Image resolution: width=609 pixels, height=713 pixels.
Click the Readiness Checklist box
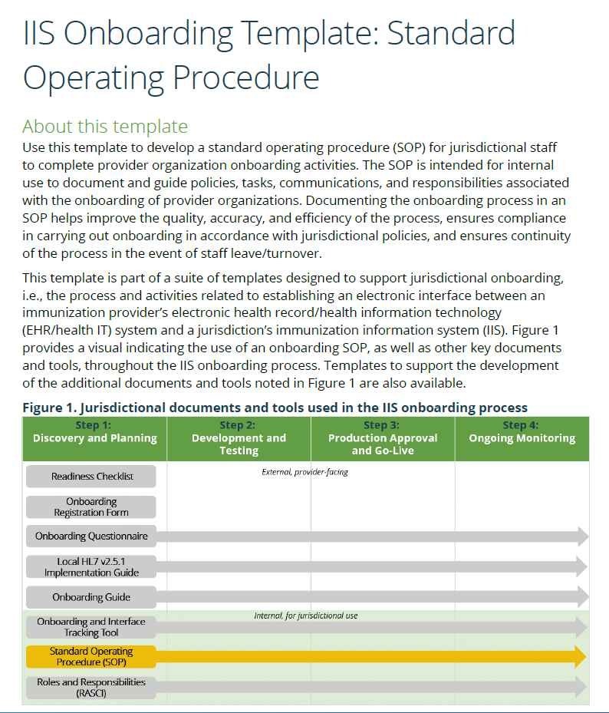pyautogui.click(x=91, y=476)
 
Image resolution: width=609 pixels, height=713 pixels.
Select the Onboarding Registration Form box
pyautogui.click(x=91, y=507)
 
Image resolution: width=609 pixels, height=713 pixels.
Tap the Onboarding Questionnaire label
pyautogui.click(x=91, y=536)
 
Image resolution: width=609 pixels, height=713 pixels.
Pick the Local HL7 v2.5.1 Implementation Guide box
pyautogui.click(x=91, y=566)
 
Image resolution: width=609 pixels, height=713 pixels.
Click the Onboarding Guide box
pyautogui.click(x=91, y=597)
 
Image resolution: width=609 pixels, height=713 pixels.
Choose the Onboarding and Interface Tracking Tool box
pyautogui.click(x=91, y=627)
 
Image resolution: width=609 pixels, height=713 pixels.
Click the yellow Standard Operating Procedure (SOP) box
pyautogui.click(x=91, y=656)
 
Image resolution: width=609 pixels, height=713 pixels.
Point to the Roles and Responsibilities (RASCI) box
pyautogui.click(x=91, y=687)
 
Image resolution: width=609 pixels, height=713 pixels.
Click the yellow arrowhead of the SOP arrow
pyautogui.click(x=581, y=656)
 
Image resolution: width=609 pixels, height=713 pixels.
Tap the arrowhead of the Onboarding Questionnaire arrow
pyautogui.click(x=582, y=536)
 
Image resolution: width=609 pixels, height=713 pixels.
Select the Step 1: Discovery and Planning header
pyautogui.click(x=94, y=432)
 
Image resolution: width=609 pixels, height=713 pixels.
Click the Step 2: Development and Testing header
pyautogui.click(x=239, y=438)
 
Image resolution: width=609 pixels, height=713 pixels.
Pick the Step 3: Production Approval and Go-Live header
pyautogui.click(x=383, y=438)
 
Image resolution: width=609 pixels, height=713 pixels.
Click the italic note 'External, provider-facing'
pyautogui.click(x=304, y=472)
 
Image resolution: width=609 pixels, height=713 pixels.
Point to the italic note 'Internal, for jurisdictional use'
pyautogui.click(x=305, y=616)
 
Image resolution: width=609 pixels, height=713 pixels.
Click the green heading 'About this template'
pyautogui.click(x=105, y=126)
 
